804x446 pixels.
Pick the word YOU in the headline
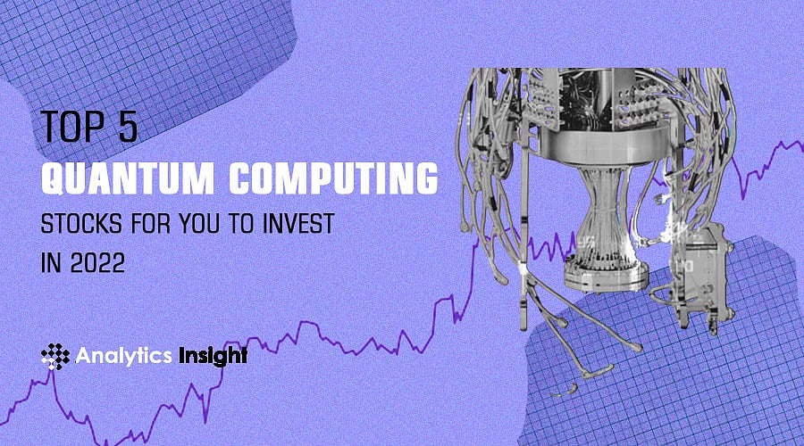211,225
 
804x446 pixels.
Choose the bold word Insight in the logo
211,356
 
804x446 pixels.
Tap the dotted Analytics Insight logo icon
55,357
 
